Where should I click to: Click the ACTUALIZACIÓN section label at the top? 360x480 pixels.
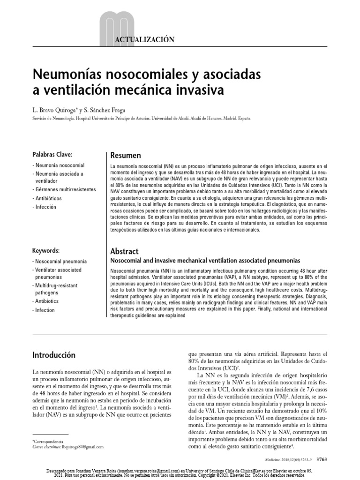point(144,40)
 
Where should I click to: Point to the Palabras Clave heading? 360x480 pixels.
point(52,154)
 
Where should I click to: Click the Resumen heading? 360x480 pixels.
point(125,155)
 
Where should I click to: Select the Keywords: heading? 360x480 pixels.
point(46,251)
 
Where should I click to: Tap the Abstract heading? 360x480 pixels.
point(124,251)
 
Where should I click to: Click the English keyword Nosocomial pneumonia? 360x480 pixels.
point(60,261)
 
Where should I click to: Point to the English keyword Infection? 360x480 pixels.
point(45,310)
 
